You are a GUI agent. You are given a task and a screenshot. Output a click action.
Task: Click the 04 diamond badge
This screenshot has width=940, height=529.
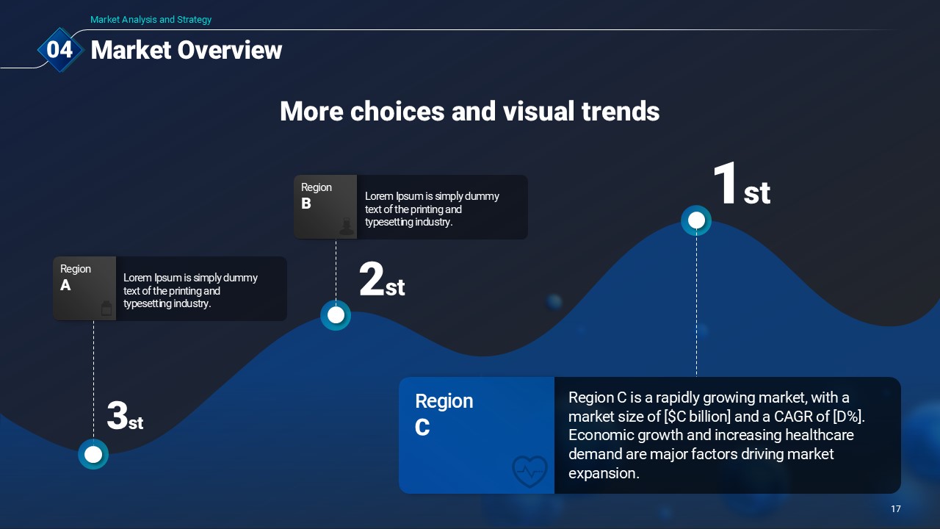click(x=59, y=49)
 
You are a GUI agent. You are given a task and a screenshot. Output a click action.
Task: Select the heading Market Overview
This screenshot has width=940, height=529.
click(x=187, y=51)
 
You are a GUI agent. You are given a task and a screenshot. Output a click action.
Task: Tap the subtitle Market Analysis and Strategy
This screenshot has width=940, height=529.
click(x=151, y=19)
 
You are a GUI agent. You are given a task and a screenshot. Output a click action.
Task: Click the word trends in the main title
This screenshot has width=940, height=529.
click(x=621, y=111)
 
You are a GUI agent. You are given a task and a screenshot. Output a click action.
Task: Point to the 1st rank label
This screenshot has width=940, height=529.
click(x=742, y=184)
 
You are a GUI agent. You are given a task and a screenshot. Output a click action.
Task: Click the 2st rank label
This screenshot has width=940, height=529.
click(x=382, y=280)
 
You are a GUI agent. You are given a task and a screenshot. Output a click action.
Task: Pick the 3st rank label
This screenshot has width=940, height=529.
click(x=125, y=416)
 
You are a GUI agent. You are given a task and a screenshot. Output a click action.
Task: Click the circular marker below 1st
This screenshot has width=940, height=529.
click(x=696, y=220)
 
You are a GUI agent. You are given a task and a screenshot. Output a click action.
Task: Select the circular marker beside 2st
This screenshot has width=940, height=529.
click(x=336, y=315)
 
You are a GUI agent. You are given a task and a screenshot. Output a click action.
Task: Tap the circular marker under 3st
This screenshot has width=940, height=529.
click(x=93, y=454)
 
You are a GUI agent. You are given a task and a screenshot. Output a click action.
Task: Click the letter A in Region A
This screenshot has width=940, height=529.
click(x=65, y=285)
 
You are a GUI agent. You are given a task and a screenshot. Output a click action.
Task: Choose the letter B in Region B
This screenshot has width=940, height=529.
click(x=306, y=204)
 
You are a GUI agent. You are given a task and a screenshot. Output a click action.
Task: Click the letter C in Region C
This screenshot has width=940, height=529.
click(x=422, y=428)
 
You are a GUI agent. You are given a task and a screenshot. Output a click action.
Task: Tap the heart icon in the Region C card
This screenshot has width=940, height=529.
click(x=529, y=471)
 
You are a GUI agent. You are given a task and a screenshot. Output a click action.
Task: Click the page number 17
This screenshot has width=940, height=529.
click(x=895, y=509)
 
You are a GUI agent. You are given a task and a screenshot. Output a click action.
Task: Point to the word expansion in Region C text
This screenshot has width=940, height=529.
click(x=604, y=473)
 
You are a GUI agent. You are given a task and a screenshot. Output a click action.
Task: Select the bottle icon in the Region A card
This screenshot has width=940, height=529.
click(x=106, y=308)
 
